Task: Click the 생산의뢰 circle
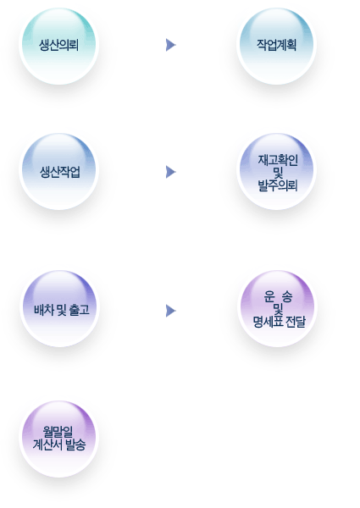[58, 46]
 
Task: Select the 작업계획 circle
[276, 46]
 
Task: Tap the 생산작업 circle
[58, 171]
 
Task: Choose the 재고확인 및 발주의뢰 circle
[276, 171]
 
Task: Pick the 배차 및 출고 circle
[59, 308]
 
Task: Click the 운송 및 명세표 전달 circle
[277, 308]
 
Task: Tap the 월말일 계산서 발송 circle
[58, 439]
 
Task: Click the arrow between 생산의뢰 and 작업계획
[170, 45]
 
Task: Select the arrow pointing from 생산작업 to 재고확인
[170, 172]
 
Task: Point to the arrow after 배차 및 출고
[170, 311]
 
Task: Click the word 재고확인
[278, 160]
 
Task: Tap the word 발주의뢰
[278, 185]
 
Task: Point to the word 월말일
[58, 432]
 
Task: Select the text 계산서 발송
[59, 444]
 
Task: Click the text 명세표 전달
[279, 322]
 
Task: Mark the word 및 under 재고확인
[278, 173]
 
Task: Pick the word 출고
[79, 310]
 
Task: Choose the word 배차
[44, 310]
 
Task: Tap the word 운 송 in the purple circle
[278, 296]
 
